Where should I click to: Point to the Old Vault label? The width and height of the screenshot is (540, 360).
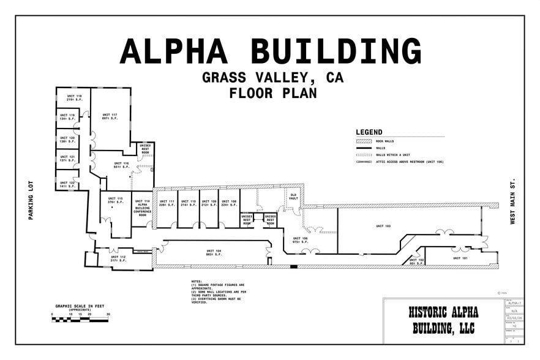293,197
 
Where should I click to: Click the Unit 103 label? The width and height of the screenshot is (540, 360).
383,227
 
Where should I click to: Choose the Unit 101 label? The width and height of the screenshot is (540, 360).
460,258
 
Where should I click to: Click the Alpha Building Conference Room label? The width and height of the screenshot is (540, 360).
143,208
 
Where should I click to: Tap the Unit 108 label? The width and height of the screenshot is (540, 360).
228,203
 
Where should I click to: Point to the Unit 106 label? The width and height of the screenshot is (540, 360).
300,240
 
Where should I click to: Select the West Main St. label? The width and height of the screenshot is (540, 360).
512,202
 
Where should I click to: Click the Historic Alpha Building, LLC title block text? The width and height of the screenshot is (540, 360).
443,320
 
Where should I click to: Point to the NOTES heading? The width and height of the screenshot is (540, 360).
197,282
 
